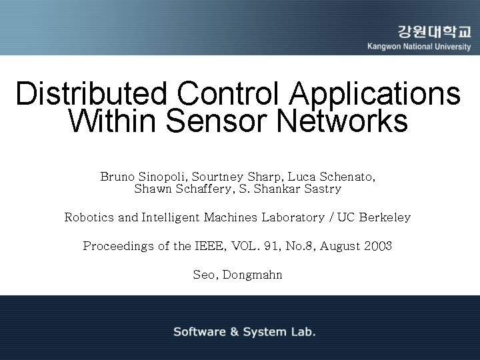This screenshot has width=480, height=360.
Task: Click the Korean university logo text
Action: tap(434, 31)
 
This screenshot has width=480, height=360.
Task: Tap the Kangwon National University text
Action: tap(419, 47)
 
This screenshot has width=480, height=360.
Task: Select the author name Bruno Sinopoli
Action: tap(143, 177)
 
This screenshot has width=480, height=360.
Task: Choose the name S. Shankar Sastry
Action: tap(293, 189)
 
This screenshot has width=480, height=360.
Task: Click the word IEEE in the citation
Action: tap(212, 246)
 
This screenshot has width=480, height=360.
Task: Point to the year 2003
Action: tap(378, 246)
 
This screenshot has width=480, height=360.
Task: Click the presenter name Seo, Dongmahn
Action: tap(237, 274)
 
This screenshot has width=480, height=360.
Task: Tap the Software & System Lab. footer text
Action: tap(245, 331)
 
